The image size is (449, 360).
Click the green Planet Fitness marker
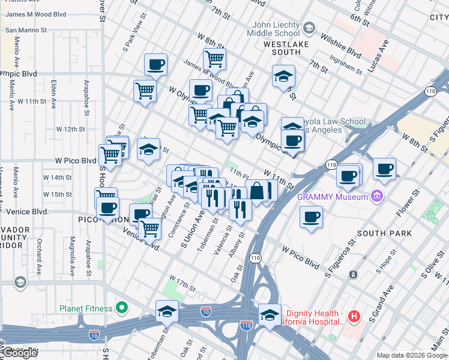point(122,308)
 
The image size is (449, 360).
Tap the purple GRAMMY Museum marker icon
point(376,196)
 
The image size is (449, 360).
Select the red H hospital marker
point(354,316)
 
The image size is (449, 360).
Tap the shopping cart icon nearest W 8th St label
point(214,58)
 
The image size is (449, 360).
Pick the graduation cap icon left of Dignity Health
point(270,314)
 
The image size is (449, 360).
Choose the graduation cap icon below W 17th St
point(167,310)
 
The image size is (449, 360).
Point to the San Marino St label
point(26,29)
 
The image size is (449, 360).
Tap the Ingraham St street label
point(345,65)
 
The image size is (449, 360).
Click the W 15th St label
point(61,194)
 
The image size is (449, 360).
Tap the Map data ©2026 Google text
point(412,355)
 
